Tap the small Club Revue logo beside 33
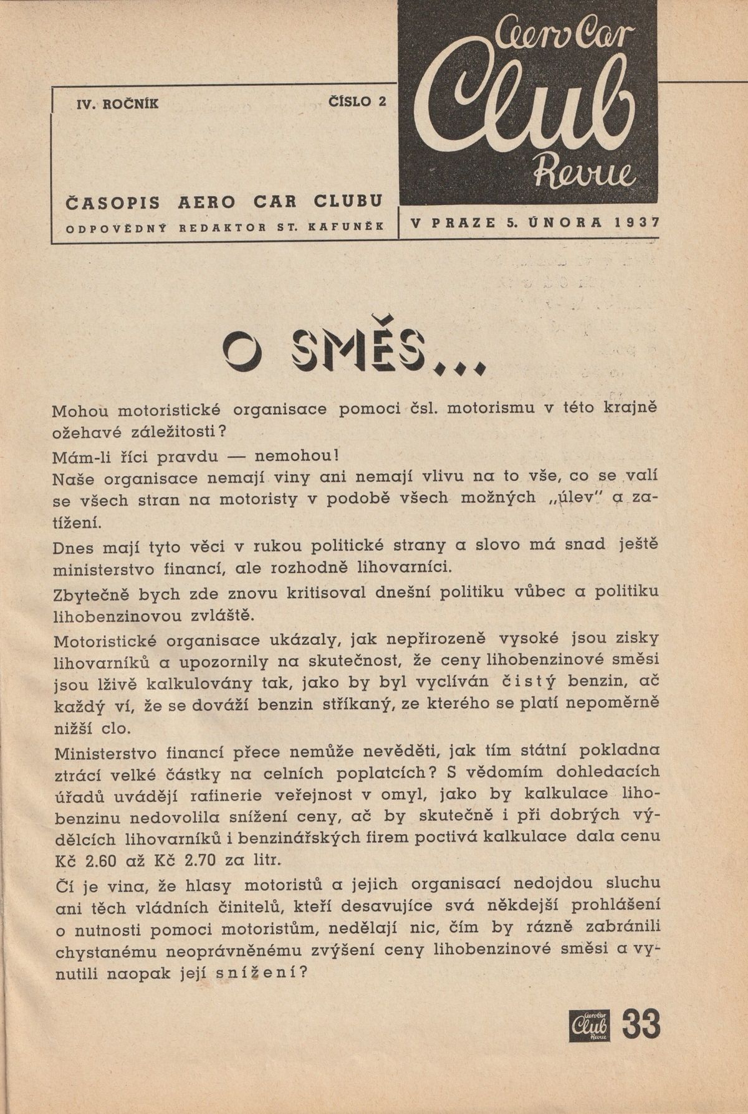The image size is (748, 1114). click(x=589, y=1024)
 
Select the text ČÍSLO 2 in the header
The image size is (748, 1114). click(x=357, y=102)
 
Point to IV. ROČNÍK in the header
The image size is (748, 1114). click(x=117, y=104)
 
